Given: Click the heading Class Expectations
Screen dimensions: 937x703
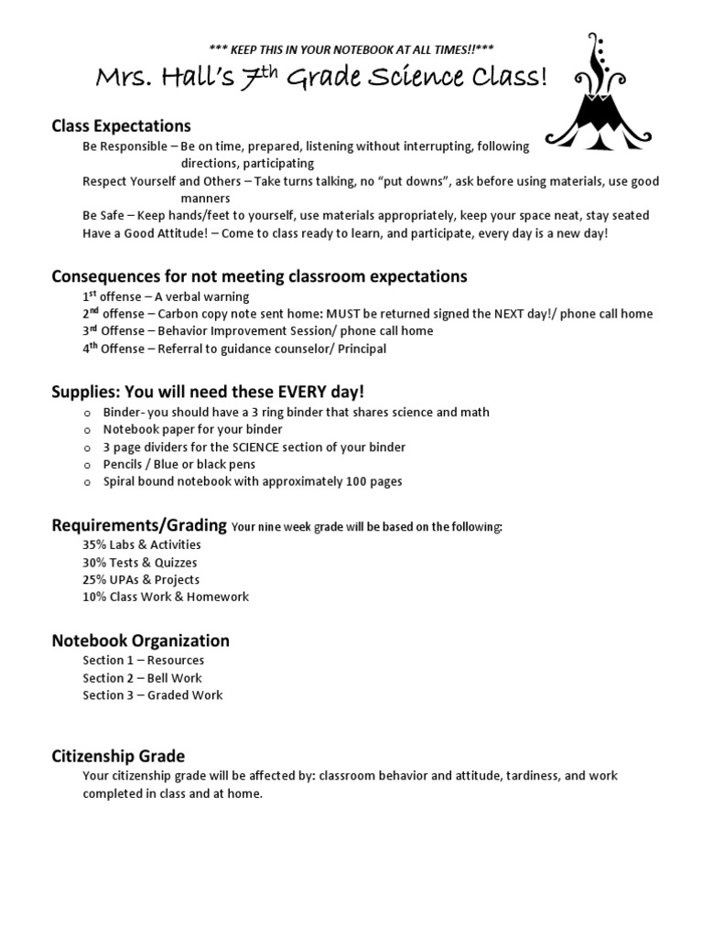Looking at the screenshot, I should tap(121, 125).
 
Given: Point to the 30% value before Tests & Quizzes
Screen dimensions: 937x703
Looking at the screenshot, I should tap(94, 562).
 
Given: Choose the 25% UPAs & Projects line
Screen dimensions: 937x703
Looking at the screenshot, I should tap(141, 579).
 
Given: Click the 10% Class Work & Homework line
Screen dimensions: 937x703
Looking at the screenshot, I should tap(166, 597).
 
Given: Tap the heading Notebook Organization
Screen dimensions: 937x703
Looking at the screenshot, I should tap(140, 641).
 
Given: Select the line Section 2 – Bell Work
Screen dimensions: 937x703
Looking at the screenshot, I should tap(142, 678).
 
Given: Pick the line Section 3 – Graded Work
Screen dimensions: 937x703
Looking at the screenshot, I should tap(152, 695).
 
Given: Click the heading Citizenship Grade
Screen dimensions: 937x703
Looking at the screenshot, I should tap(118, 756).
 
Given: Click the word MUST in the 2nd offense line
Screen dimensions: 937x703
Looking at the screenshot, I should tap(346, 314).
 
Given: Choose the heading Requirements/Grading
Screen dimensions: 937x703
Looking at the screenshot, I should tap(139, 525).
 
